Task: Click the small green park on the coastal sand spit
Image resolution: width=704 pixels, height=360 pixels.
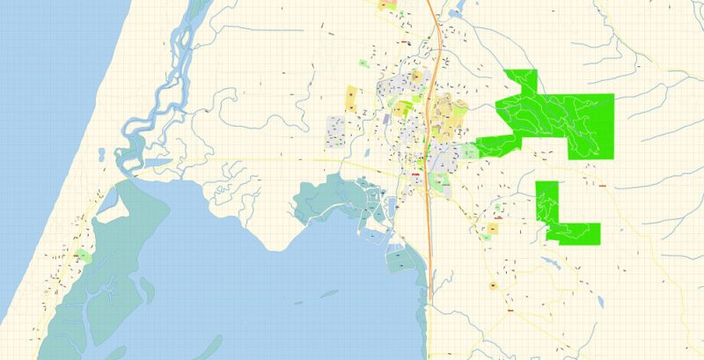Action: pyautogui.click(x=83, y=255)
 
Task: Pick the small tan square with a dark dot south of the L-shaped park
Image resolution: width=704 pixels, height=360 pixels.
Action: pyautogui.click(x=494, y=285)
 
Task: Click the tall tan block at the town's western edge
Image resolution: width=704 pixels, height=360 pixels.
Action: pyautogui.click(x=351, y=98)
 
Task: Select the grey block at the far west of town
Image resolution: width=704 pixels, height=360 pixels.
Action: pyautogui.click(x=335, y=129)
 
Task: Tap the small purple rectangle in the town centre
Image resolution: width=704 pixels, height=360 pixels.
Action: pyautogui.click(x=386, y=118)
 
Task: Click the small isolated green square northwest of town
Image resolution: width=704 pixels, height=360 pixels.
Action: pyautogui.click(x=363, y=63)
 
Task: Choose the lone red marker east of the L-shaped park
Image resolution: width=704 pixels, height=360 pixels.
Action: pyautogui.click(x=603, y=186)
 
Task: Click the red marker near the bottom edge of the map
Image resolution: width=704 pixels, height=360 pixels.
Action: pyautogui.click(x=510, y=310)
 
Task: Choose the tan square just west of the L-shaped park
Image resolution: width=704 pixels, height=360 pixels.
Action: pyautogui.click(x=492, y=229)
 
